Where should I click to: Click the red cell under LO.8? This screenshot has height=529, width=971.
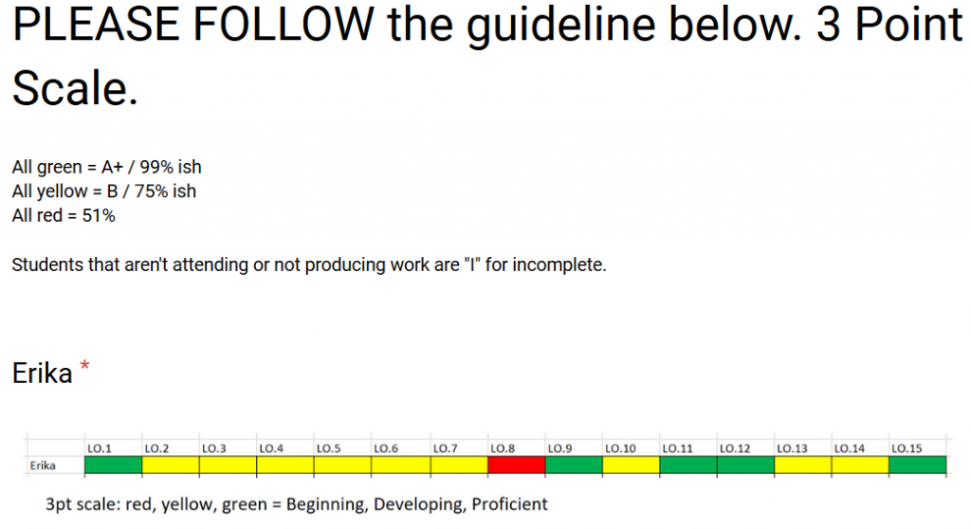click(517, 465)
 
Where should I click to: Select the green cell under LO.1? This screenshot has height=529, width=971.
click(114, 465)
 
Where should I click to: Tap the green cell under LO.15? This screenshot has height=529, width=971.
click(917, 465)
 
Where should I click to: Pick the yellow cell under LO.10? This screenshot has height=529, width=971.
click(631, 465)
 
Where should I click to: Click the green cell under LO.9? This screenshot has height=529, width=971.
click(574, 465)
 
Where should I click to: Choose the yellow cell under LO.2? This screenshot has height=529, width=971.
click(171, 465)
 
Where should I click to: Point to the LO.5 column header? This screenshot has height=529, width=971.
click(328, 448)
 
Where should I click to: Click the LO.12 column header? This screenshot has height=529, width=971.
click(735, 448)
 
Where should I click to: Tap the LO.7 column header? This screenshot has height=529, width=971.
click(446, 448)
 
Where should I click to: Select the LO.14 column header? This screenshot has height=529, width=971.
click(849, 448)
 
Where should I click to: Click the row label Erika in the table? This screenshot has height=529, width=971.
click(43, 465)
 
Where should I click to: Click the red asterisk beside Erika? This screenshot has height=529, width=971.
click(84, 366)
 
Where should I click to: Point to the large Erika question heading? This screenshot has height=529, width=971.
click(42, 374)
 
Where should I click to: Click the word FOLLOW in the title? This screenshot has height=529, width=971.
click(283, 24)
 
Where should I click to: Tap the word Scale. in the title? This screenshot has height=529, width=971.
click(75, 88)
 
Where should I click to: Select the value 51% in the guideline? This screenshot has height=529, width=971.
click(99, 215)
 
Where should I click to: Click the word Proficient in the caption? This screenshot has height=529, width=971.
click(509, 504)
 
